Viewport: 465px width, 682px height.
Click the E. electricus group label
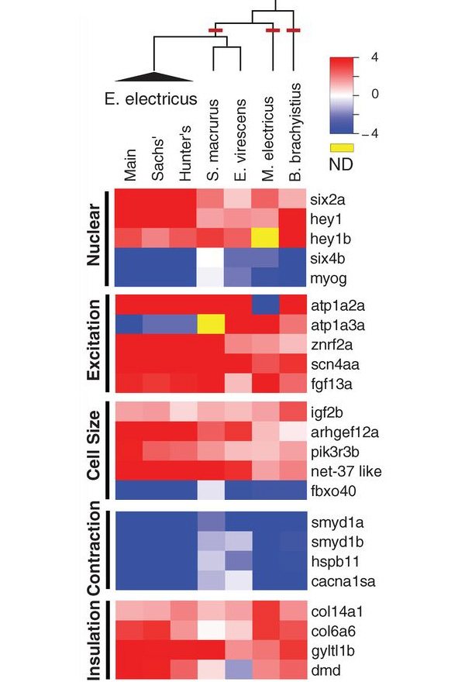[x=151, y=99]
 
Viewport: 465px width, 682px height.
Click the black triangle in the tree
[x=154, y=75]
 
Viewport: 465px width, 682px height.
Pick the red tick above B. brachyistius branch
[x=293, y=30]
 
